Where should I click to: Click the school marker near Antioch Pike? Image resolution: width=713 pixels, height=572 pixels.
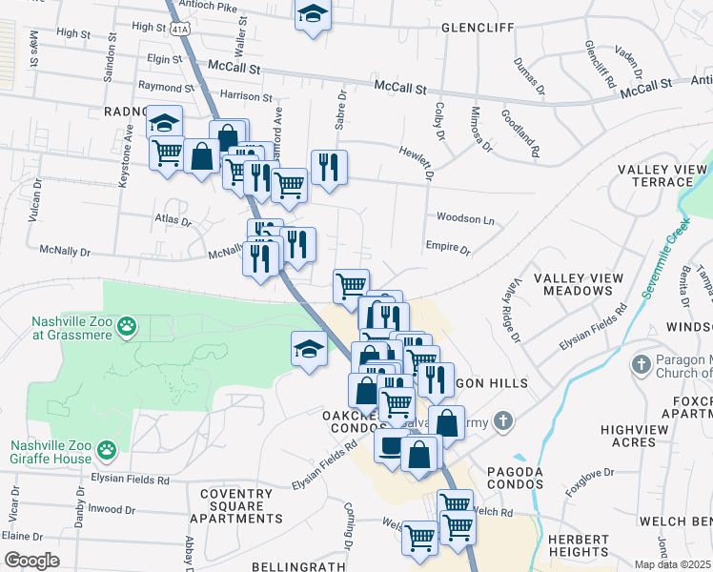[x=312, y=16]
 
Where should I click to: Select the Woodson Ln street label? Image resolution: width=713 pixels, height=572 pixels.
[x=465, y=218]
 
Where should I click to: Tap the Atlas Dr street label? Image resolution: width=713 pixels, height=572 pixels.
[x=173, y=220]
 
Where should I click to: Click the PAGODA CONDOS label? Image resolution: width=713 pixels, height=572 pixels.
[x=515, y=478]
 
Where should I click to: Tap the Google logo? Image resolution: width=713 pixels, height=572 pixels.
[x=31, y=561]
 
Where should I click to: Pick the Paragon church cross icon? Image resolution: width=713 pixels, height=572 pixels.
[x=641, y=363]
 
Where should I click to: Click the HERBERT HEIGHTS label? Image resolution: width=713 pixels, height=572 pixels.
[x=579, y=545]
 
